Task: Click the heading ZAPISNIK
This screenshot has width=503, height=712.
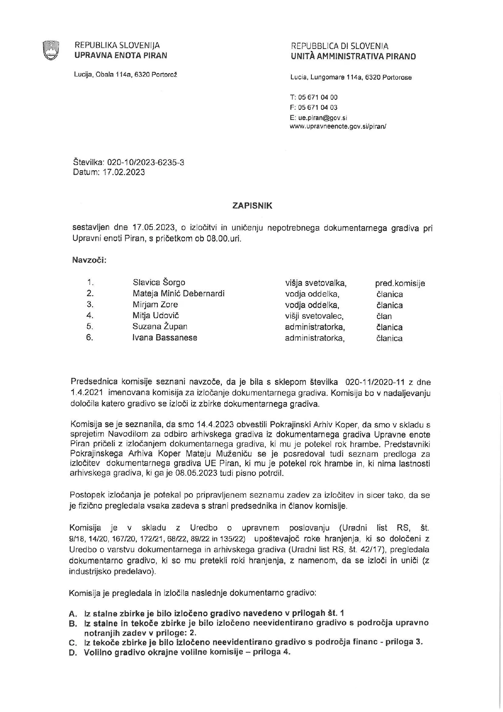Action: tap(252, 206)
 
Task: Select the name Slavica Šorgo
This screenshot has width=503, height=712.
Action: tap(159, 283)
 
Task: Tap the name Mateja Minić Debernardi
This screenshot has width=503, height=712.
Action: tap(178, 293)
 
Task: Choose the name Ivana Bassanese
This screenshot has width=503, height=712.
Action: tap(165, 337)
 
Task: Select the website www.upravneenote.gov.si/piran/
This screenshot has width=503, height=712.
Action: tap(338, 126)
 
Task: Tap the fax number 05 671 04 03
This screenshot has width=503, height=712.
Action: tap(318, 108)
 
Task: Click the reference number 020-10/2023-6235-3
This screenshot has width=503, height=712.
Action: tap(146, 162)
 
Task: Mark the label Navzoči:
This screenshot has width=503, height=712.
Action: tap(89, 260)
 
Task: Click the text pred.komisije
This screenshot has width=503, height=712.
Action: tap(400, 284)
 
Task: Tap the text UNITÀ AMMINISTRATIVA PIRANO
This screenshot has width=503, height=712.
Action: tap(353, 57)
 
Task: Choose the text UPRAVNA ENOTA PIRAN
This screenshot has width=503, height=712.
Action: tap(120, 56)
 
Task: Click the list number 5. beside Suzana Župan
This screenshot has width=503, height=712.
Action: tap(90, 327)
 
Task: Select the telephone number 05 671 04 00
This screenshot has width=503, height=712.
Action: tap(318, 98)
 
